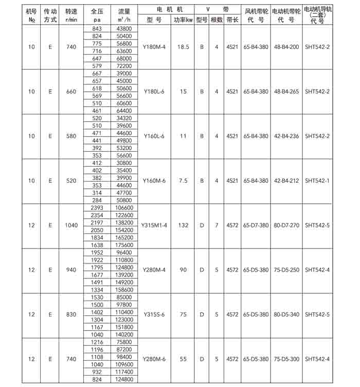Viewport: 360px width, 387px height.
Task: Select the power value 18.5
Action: [183, 47]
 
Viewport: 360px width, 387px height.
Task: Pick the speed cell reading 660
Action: [71, 92]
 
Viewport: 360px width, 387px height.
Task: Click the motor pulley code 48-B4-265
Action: [286, 92]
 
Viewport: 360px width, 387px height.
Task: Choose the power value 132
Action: [183, 225]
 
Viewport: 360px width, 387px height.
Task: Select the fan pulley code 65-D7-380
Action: [256, 225]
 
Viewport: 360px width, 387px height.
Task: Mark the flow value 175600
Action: [124, 244]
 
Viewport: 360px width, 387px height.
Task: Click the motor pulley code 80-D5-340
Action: [286, 314]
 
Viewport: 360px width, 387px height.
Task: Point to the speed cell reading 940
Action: [71, 270]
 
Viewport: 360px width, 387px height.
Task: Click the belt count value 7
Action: [217, 225]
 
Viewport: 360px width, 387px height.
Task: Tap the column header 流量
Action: [124, 10]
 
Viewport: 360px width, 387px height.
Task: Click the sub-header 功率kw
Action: [183, 20]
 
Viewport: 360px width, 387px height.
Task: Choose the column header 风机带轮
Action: [256, 10]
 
